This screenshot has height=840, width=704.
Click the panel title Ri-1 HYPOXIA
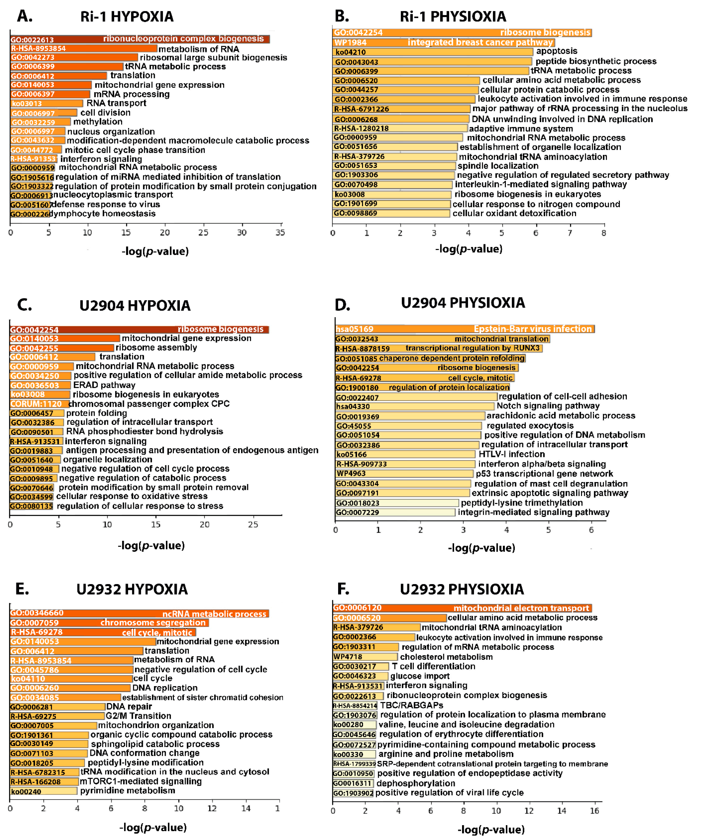pyautogui.click(x=127, y=17)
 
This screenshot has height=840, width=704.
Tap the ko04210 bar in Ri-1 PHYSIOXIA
pyautogui.click(x=432, y=52)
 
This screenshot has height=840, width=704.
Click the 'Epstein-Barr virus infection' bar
pyautogui.click(x=464, y=329)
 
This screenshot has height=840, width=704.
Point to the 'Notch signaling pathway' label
pyautogui.click(x=548, y=406)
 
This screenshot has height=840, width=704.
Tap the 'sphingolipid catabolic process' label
pyautogui.click(x=155, y=744)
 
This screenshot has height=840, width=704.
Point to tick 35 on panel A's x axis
pyautogui.click(x=280, y=232)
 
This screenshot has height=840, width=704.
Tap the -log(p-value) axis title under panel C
pyautogui.click(x=151, y=546)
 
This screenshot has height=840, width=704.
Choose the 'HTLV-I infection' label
pyautogui.click(x=511, y=454)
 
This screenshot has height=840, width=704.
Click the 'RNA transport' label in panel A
pyautogui.click(x=116, y=103)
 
